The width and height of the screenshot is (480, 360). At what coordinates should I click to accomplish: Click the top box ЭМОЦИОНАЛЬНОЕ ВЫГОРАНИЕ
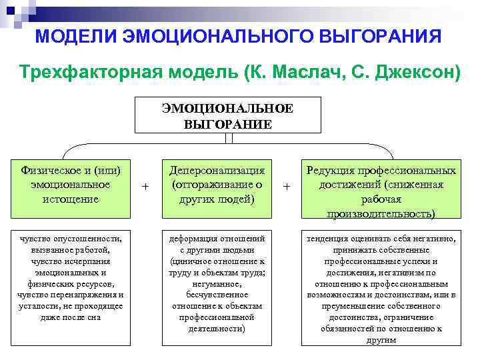pyautogui.click(x=227, y=116)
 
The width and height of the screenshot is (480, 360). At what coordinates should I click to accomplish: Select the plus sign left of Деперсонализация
pyautogui.click(x=146, y=187)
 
